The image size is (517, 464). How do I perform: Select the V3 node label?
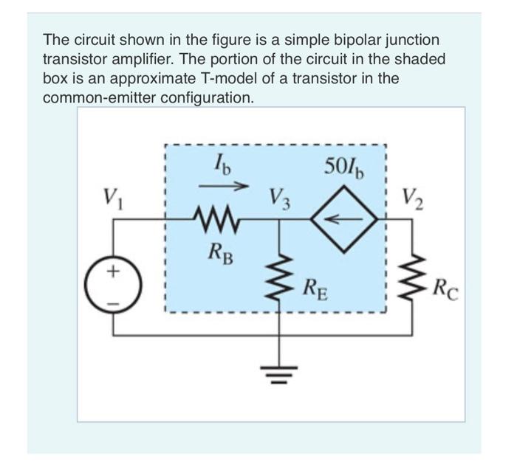click(x=280, y=198)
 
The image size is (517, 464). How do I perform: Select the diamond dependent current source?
click(x=345, y=218)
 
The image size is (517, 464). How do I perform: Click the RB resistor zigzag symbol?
click(x=216, y=218)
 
